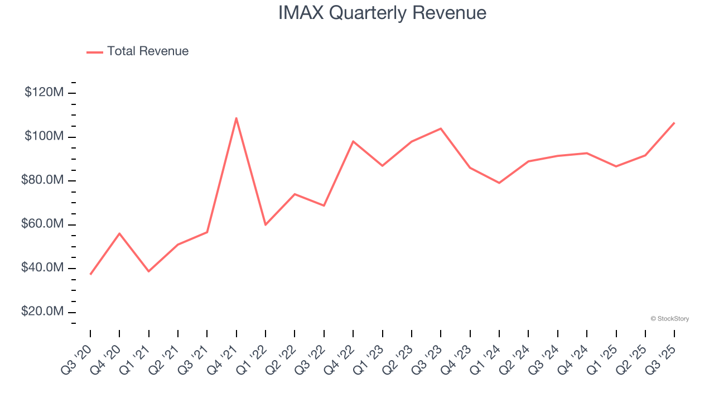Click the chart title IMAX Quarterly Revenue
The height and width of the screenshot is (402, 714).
coord(382,13)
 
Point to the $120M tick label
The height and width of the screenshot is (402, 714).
coord(44,93)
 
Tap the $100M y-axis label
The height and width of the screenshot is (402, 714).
coord(44,137)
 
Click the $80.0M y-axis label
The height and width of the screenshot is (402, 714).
coord(43,180)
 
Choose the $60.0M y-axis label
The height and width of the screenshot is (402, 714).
coord(43,224)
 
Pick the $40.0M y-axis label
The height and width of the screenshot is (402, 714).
coord(43,268)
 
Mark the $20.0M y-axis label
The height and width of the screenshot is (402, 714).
coord(43,312)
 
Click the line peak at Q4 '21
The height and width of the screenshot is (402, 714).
coord(237,118)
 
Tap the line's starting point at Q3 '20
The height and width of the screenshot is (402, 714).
coord(90,274)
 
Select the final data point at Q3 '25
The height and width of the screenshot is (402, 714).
coord(674,123)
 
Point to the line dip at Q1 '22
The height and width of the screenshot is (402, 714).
coord(266,224)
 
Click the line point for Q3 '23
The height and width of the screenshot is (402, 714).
coord(441,129)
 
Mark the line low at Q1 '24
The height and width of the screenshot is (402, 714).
coord(499,183)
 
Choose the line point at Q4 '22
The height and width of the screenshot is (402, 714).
coord(353,141)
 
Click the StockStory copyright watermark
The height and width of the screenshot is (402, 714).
coord(670,319)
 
